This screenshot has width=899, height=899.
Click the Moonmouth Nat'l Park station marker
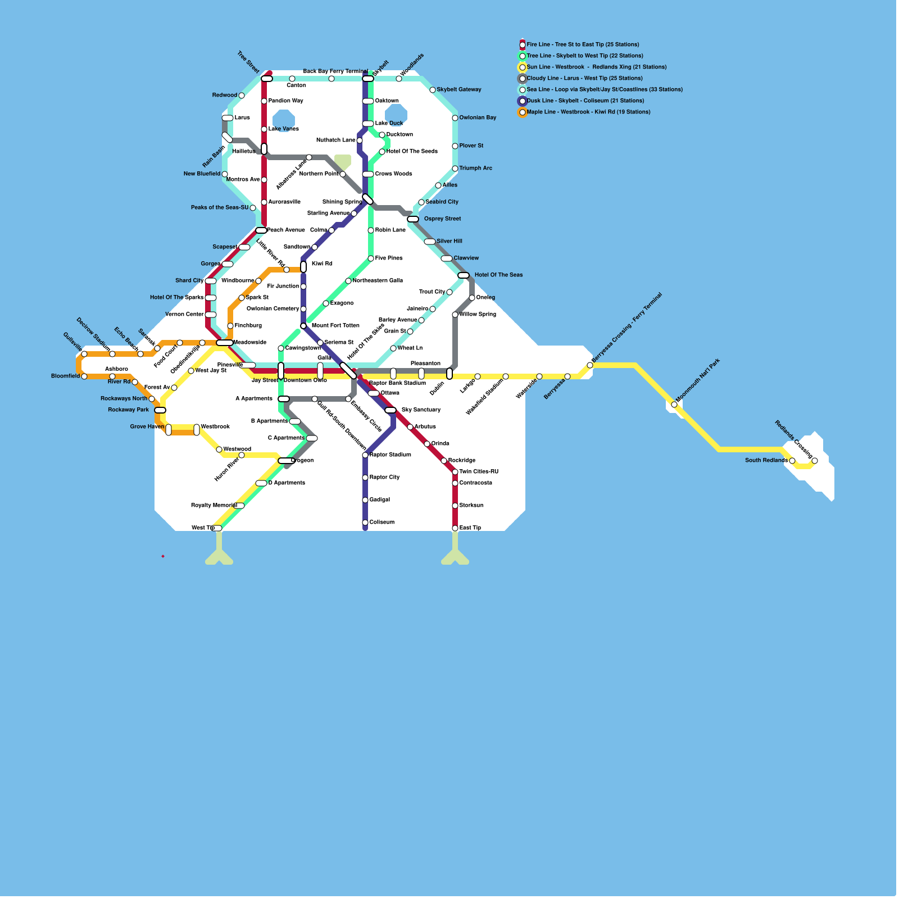tap(674, 405)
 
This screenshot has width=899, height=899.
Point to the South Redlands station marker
tap(792, 461)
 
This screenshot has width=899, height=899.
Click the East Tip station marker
tap(455, 528)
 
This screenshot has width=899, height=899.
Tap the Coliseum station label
tap(382, 522)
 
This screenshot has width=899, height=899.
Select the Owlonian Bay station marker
tap(455, 118)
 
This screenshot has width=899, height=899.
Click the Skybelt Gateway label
tap(458, 89)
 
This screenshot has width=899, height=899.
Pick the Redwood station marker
tap(242, 96)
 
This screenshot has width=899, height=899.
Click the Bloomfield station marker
tap(84, 376)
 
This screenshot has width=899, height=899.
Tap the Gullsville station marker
tap(84, 354)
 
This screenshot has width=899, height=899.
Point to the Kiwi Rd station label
tap(322, 264)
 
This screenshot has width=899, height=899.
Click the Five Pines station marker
tap(371, 258)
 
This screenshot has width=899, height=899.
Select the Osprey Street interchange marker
tap(413, 219)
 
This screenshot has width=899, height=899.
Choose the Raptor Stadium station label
tap(390, 455)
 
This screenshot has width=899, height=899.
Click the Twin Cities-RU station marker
tap(455, 472)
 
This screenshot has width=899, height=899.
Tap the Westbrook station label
tap(215, 426)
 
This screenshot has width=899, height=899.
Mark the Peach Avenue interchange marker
tap(261, 230)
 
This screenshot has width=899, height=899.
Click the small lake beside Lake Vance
tap(284, 119)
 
